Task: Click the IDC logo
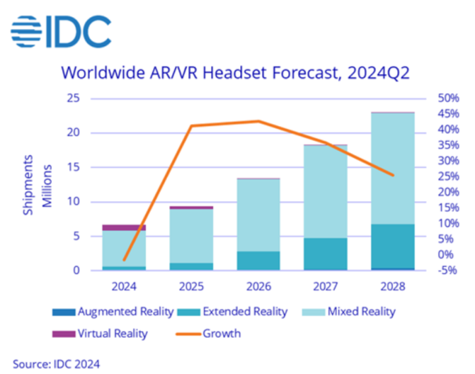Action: click(60, 31)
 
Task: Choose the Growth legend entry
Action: click(211, 333)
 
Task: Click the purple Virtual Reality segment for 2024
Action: click(124, 228)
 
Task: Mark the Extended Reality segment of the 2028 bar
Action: click(393, 245)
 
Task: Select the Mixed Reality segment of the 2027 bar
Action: click(325, 191)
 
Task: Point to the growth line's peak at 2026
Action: click(258, 121)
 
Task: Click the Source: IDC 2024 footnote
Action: click(56, 362)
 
